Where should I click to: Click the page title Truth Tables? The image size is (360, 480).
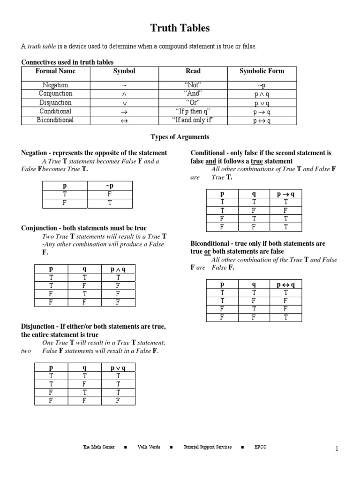180,29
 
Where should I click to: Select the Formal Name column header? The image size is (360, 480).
55,71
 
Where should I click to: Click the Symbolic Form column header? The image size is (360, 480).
262,71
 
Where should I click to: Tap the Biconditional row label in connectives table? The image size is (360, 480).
55,120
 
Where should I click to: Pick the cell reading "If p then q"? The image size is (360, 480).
193,112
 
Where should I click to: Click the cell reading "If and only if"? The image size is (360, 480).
193,120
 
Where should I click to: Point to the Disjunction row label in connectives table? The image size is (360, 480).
55,103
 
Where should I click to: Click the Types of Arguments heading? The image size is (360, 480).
180,137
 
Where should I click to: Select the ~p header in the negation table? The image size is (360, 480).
110,186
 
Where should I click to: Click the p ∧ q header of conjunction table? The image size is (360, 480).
118,269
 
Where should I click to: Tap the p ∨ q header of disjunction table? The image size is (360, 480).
118,368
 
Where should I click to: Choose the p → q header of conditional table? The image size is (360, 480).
285,194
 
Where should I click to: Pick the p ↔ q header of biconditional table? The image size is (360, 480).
285,285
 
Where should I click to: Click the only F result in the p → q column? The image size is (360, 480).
285,211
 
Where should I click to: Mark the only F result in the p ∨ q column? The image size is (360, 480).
118,401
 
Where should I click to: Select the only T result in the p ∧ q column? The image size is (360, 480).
118,277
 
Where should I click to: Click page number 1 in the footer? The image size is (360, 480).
337,449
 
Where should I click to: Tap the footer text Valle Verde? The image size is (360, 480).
149,447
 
